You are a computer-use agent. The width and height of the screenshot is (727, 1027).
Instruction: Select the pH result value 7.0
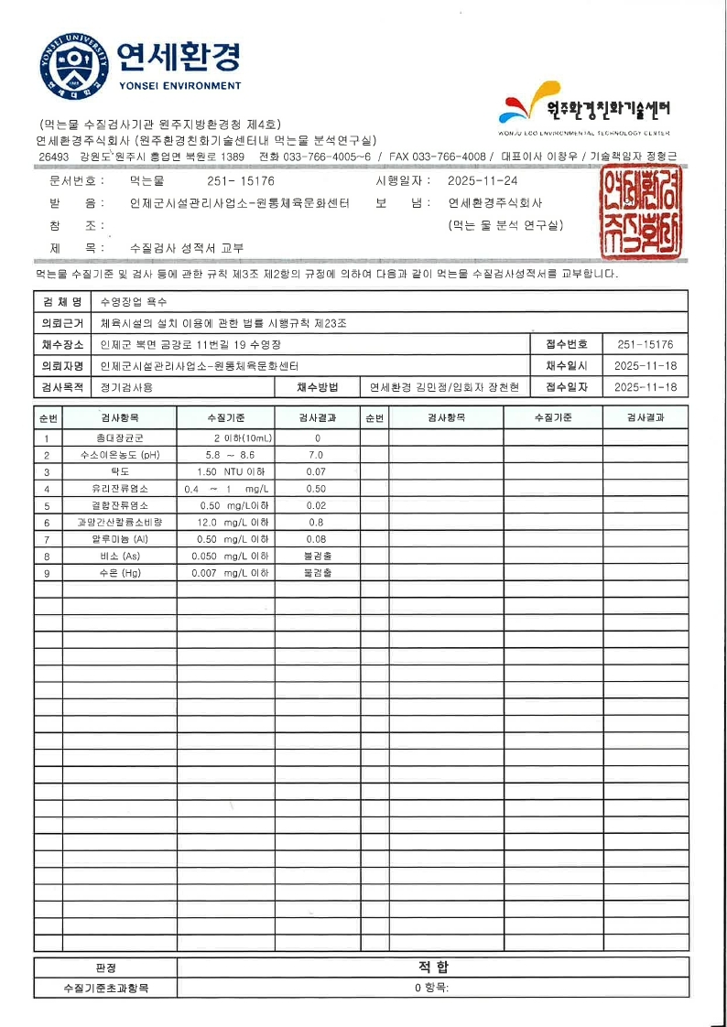(x=316, y=455)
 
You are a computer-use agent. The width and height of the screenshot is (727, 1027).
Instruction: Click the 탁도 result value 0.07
(x=316, y=471)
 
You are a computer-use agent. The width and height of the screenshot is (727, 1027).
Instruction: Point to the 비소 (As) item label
(x=120, y=556)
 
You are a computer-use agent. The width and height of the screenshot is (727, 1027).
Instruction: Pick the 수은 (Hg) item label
(x=120, y=573)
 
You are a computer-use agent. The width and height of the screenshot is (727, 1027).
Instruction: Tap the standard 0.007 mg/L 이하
(x=230, y=573)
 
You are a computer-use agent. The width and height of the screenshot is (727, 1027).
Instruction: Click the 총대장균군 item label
(x=120, y=438)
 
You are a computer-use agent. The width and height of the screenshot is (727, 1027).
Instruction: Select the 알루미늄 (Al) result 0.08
(x=316, y=539)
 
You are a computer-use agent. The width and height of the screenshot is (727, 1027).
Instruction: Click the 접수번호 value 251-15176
(x=646, y=345)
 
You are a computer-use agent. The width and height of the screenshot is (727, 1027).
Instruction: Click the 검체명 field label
(x=62, y=301)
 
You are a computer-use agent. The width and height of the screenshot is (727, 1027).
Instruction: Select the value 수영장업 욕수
(x=135, y=301)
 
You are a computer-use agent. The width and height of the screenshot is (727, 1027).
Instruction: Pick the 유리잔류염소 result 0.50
(x=316, y=489)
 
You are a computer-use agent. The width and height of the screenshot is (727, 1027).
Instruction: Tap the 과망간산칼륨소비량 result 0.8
(x=316, y=522)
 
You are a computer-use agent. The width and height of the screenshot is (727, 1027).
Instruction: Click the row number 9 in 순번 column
(x=47, y=573)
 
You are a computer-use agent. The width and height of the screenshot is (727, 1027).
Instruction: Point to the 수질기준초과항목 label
(x=106, y=989)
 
